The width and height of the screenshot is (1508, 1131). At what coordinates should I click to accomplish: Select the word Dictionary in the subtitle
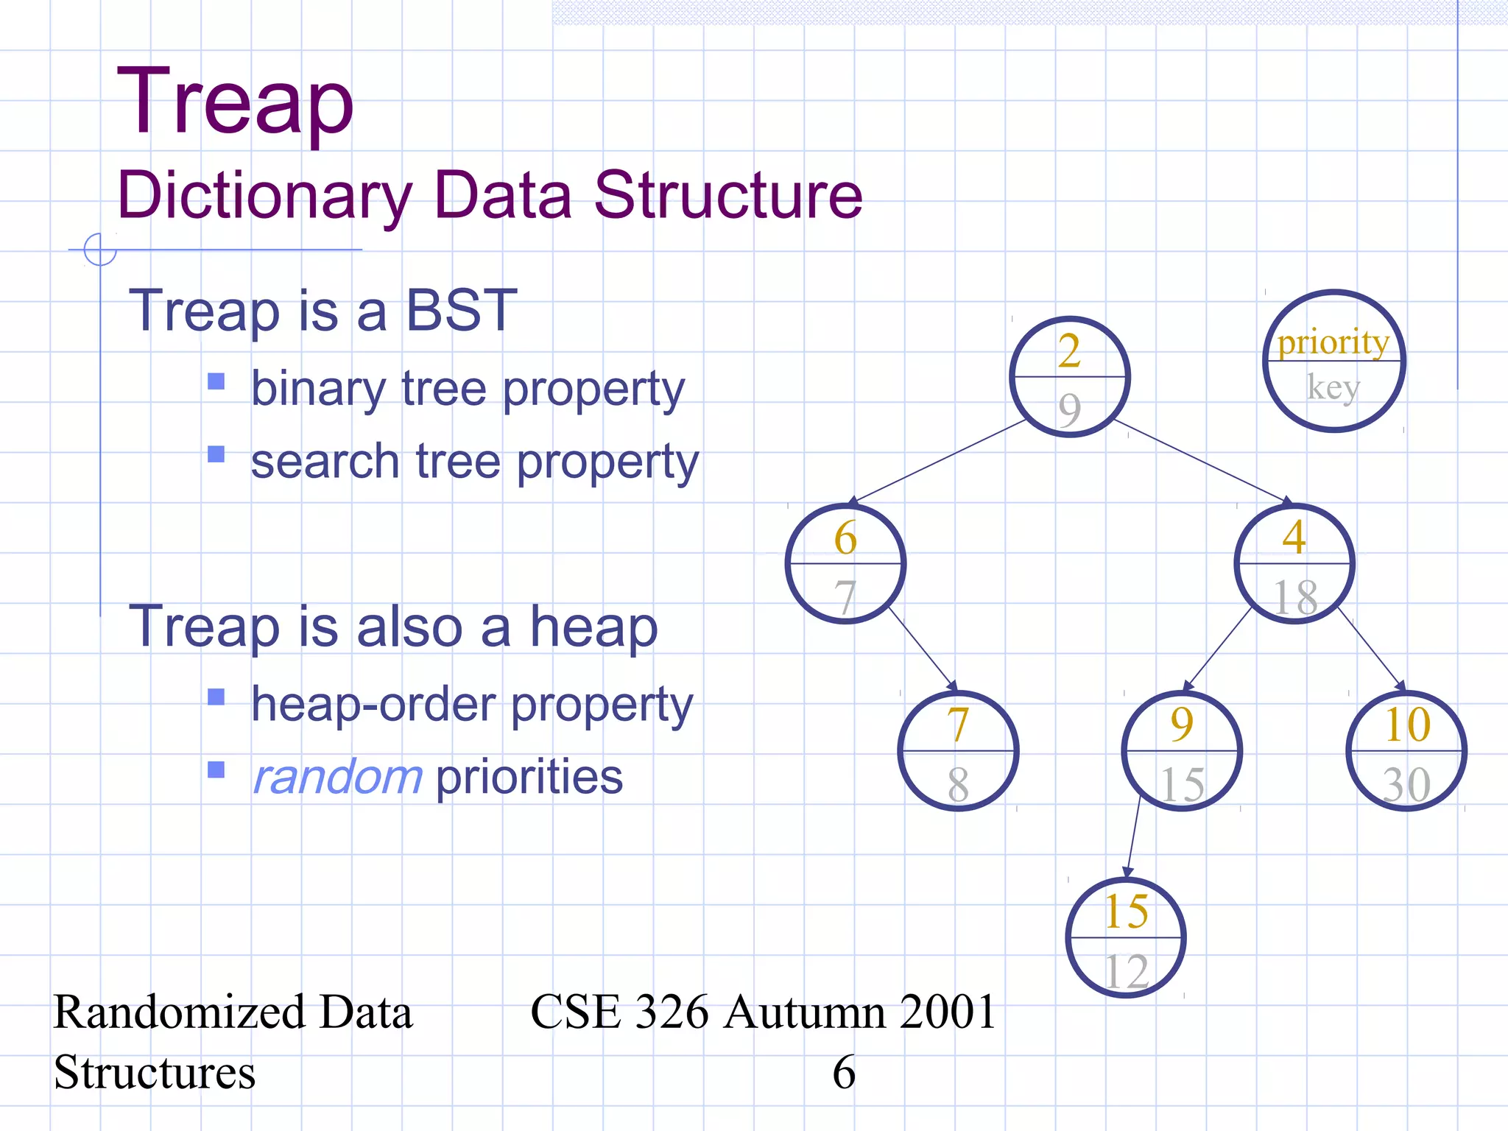point(264,195)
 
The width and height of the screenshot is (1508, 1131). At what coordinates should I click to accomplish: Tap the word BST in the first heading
point(462,310)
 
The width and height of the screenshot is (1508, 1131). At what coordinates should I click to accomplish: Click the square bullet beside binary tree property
point(216,381)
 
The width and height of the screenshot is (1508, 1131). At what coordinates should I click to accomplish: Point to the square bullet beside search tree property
point(216,454)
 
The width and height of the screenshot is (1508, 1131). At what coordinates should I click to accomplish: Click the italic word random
point(337,777)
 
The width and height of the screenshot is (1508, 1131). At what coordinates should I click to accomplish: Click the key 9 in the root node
point(1070,409)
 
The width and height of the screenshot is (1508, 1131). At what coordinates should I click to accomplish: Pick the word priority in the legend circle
point(1333,342)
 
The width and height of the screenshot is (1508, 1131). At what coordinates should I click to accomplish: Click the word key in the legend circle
point(1333,387)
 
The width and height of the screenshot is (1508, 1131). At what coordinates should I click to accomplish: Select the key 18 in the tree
point(1295,596)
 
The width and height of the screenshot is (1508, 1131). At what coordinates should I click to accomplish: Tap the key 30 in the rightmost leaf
point(1406,784)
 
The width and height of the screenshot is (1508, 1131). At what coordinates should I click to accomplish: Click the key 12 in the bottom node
point(1126,971)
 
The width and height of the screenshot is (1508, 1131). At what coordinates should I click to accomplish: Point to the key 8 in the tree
point(958,784)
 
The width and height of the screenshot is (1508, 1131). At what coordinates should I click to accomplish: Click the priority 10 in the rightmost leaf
point(1407,725)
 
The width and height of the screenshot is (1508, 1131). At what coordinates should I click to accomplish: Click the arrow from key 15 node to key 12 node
point(1133,836)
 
